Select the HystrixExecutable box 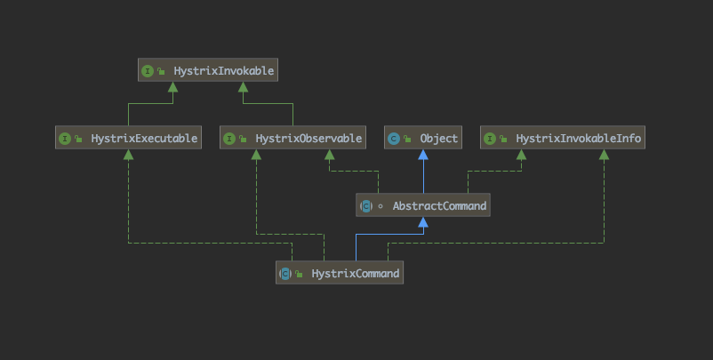click(x=128, y=138)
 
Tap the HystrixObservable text click(x=308, y=138)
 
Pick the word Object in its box click(x=439, y=138)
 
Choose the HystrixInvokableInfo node click(x=562, y=138)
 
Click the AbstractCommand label click(x=438, y=206)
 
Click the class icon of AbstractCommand click(x=366, y=206)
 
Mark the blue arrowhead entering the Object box click(x=423, y=154)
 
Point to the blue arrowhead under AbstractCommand click(x=423, y=222)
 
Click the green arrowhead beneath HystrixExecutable click(x=129, y=154)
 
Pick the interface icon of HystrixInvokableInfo click(x=492, y=138)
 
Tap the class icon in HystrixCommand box click(x=285, y=273)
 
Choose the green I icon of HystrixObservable click(x=230, y=138)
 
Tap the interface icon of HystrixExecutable click(x=66, y=138)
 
